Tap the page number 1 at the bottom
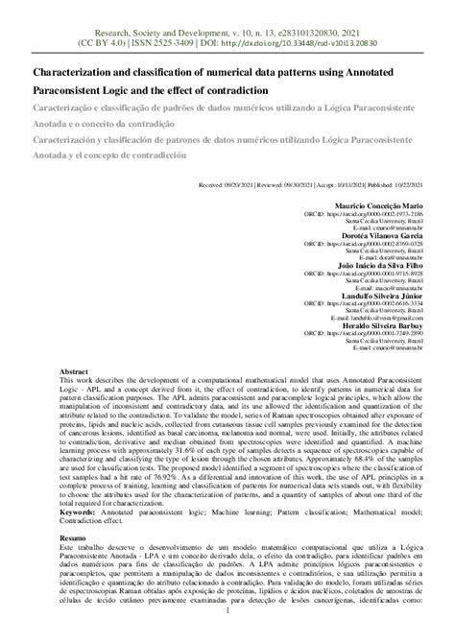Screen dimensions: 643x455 227,633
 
